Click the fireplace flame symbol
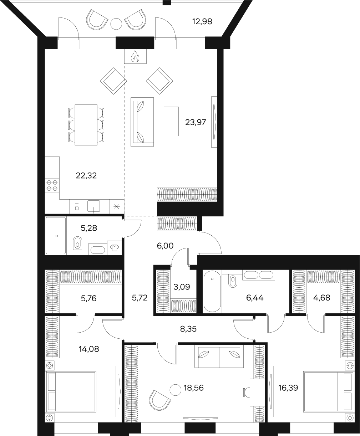click(135, 57)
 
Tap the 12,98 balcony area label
click(202, 21)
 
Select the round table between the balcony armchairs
click(116, 24)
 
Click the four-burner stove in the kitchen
click(52, 185)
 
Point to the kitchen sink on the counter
click(94, 206)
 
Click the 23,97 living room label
click(196, 122)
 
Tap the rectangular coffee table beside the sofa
click(171, 121)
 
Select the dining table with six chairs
click(86, 125)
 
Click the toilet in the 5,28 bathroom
click(77, 243)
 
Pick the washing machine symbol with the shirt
click(115, 248)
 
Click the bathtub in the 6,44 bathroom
click(212, 291)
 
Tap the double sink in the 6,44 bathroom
click(259, 275)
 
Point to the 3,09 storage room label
click(182, 287)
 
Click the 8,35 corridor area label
click(188, 329)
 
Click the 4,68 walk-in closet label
click(321, 298)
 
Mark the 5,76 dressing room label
click(88, 298)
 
